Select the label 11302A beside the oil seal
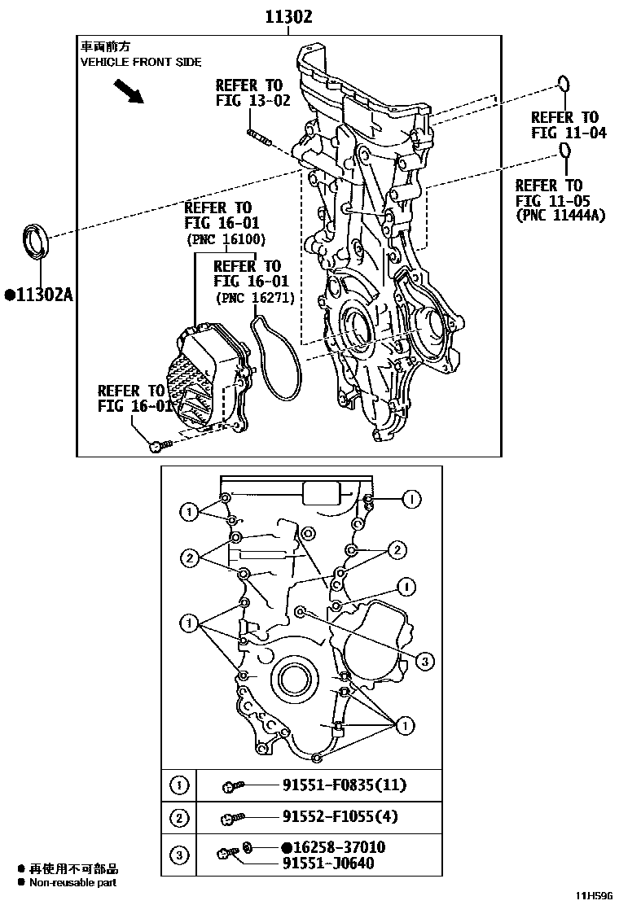pos(38,294)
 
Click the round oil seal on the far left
pos(35,239)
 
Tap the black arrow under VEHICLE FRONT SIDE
pos(128,91)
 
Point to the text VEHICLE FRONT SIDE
pos(140,63)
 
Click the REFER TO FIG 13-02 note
pos(248,93)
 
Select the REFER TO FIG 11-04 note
pos(568,125)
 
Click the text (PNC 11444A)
pos(560,216)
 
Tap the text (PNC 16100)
pos(226,239)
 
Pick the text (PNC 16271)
pos(255,298)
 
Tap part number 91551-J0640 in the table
pos(328,863)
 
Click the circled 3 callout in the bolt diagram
pos(424,662)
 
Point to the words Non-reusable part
pos(73,882)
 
